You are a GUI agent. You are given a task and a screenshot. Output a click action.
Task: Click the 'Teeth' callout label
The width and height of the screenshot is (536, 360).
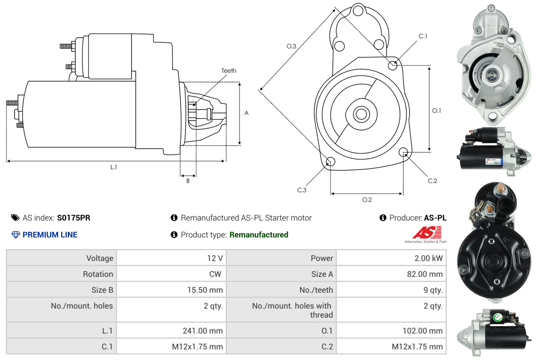click(229, 71)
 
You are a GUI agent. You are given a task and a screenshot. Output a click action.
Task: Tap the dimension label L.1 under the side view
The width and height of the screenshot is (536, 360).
click(113, 167)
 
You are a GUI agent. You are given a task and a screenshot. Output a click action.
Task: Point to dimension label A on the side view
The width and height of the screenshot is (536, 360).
click(247, 113)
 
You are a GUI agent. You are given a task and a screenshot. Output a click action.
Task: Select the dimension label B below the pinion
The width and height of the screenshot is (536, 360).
click(188, 181)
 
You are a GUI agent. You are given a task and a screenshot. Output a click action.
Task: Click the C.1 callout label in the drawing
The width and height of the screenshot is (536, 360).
click(423, 36)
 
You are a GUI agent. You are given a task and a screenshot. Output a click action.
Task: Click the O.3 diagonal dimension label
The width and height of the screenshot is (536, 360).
click(291, 46)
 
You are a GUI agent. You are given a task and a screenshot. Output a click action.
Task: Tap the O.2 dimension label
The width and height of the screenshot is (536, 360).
click(367, 200)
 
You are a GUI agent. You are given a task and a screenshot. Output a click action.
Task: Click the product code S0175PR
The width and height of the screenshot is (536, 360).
click(74, 218)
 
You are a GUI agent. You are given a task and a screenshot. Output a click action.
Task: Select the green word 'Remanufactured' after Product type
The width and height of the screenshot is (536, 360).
click(259, 235)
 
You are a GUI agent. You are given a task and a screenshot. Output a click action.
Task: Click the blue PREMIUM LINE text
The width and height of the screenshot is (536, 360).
click(50, 235)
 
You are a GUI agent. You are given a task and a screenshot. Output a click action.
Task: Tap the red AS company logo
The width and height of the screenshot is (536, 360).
click(427, 233)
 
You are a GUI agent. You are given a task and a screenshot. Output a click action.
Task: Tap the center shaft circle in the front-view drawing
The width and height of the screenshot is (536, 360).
click(360, 114)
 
